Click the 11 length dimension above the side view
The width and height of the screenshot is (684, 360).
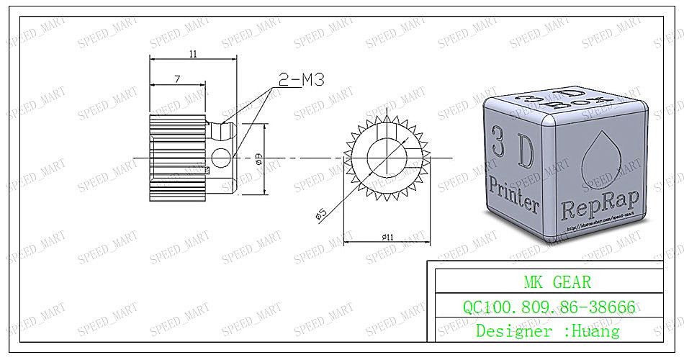(193, 54)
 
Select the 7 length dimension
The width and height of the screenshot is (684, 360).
(177, 79)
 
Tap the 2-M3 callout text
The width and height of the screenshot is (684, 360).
(301, 79)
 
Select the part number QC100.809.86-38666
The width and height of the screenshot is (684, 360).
(549, 307)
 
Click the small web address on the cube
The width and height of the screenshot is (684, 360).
(601, 229)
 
